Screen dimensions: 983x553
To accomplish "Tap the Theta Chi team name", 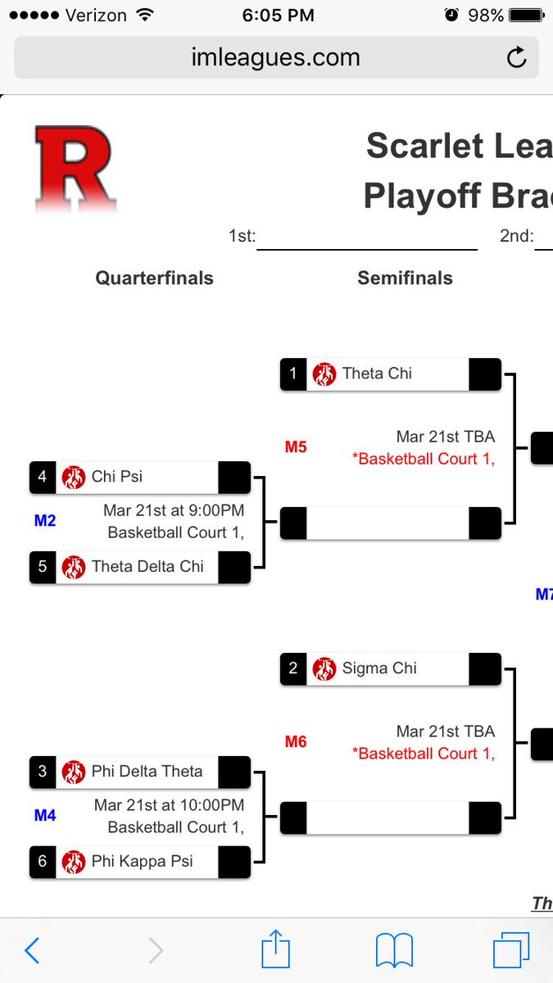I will point(377,374).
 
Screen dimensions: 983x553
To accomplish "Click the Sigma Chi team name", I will point(379,668).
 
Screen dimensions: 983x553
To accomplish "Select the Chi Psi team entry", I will point(117,477).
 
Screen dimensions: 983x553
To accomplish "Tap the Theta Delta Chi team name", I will point(147,567).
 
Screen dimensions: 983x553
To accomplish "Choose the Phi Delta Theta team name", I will point(147,772).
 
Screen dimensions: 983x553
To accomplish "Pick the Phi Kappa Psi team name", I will point(141,862).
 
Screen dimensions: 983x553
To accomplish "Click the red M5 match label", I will point(296,447).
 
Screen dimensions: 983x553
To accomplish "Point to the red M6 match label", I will point(296,742).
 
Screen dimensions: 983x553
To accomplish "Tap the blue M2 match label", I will point(45,520).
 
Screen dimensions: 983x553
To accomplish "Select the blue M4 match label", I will point(45,815).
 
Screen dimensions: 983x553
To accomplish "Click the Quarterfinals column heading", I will point(154,279).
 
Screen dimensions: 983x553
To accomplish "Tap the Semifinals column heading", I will point(405,279).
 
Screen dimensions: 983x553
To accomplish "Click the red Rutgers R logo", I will point(74,168).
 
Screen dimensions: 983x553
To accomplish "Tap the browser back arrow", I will point(32,950).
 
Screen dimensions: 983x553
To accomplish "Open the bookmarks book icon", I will point(394,951).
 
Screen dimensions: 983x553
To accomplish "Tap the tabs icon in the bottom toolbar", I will point(511,951).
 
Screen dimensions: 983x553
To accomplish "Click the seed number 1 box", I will point(293,374).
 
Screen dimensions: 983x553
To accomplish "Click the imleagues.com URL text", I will point(275,58).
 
